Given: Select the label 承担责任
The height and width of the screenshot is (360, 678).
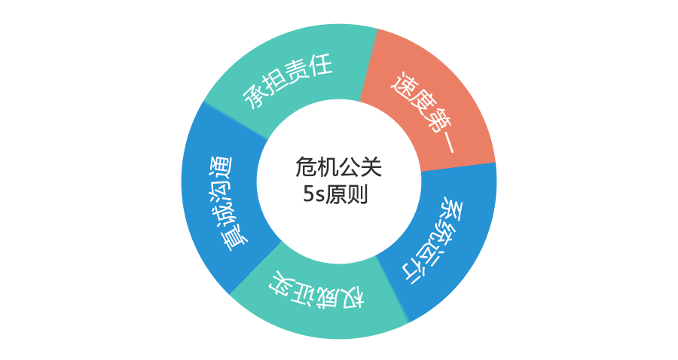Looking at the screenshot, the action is coord(288,81).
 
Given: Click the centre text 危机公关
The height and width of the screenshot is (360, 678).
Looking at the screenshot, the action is coord(338,167).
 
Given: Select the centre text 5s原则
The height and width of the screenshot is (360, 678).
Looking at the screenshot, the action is coord(335,194).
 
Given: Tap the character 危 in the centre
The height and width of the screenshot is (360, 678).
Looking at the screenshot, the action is coord(306,167).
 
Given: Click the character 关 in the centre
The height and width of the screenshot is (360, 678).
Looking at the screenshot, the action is coord(371,167).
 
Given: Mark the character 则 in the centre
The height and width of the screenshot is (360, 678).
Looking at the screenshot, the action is coord(358,194).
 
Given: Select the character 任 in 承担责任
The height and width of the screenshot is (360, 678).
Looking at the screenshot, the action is coord(320,66).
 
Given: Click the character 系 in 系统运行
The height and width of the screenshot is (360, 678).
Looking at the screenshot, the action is coord(453,209).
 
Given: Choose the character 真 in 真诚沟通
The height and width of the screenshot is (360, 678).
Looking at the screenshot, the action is coord(236,239).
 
